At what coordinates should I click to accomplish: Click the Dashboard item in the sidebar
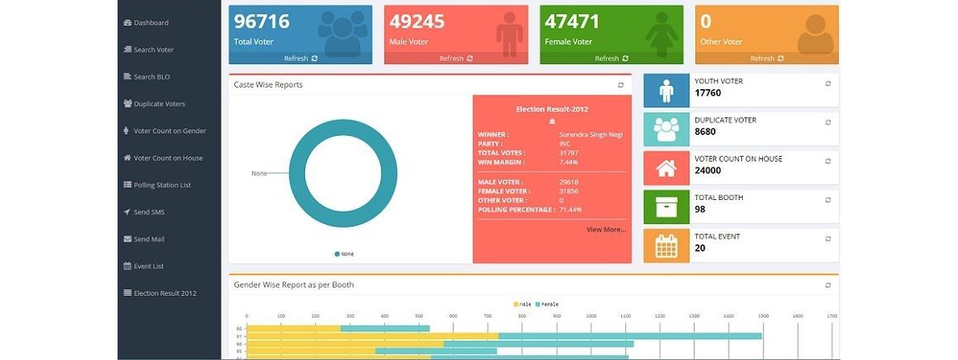[151, 22]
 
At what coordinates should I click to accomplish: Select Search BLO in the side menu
[151, 77]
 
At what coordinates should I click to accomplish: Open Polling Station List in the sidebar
[162, 185]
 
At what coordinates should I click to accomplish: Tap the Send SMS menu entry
[148, 212]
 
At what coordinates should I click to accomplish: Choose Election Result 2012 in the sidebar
[164, 293]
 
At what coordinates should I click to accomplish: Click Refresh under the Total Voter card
[300, 58]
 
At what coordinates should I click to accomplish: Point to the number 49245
[417, 22]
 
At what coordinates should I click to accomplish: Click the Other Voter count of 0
[706, 22]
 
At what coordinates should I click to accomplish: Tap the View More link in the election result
[605, 229]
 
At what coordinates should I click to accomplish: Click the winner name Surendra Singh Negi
[590, 134]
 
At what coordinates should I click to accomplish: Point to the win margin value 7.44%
[569, 162]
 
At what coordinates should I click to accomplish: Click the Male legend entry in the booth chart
[522, 304]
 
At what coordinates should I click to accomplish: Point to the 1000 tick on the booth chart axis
[591, 317]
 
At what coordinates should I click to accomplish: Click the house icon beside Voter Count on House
[666, 168]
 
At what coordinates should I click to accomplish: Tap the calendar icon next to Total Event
[666, 246]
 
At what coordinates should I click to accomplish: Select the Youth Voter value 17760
[708, 93]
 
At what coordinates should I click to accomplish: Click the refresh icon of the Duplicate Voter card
[828, 122]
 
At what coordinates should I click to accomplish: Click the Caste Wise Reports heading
[268, 85]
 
